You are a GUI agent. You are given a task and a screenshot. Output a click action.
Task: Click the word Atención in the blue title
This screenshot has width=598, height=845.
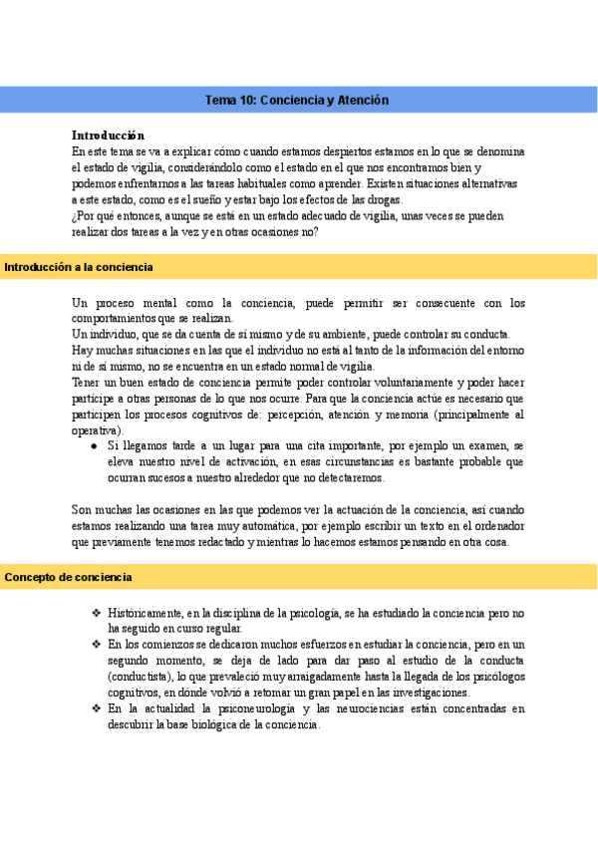click(364, 101)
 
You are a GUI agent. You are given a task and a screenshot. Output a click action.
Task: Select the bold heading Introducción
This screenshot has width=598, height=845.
click(109, 135)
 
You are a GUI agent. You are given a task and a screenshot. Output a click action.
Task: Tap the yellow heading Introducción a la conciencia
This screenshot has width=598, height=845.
click(79, 267)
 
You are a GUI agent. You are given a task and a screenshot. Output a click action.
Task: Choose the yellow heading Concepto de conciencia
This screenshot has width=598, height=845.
click(69, 577)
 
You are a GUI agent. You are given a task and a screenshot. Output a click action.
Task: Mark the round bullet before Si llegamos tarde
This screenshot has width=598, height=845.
click(94, 445)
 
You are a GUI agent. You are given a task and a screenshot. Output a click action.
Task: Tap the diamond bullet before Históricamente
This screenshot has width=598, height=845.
click(95, 613)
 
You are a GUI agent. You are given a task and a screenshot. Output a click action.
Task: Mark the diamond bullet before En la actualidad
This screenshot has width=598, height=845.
click(95, 709)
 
